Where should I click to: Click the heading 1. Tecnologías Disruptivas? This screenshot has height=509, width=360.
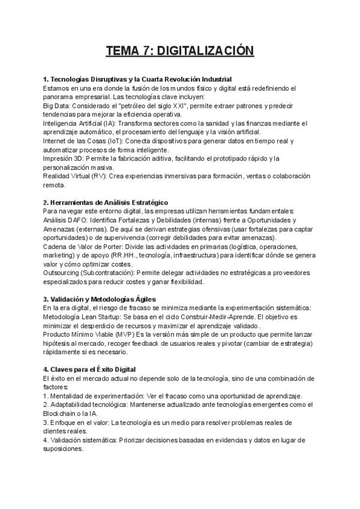(x=137, y=80)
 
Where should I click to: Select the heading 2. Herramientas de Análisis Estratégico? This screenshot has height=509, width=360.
(x=106, y=202)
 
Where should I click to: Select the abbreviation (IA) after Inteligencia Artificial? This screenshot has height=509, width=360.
(x=109, y=123)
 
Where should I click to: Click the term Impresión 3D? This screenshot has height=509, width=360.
(x=63, y=158)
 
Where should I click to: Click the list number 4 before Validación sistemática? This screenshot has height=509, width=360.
(x=45, y=440)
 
